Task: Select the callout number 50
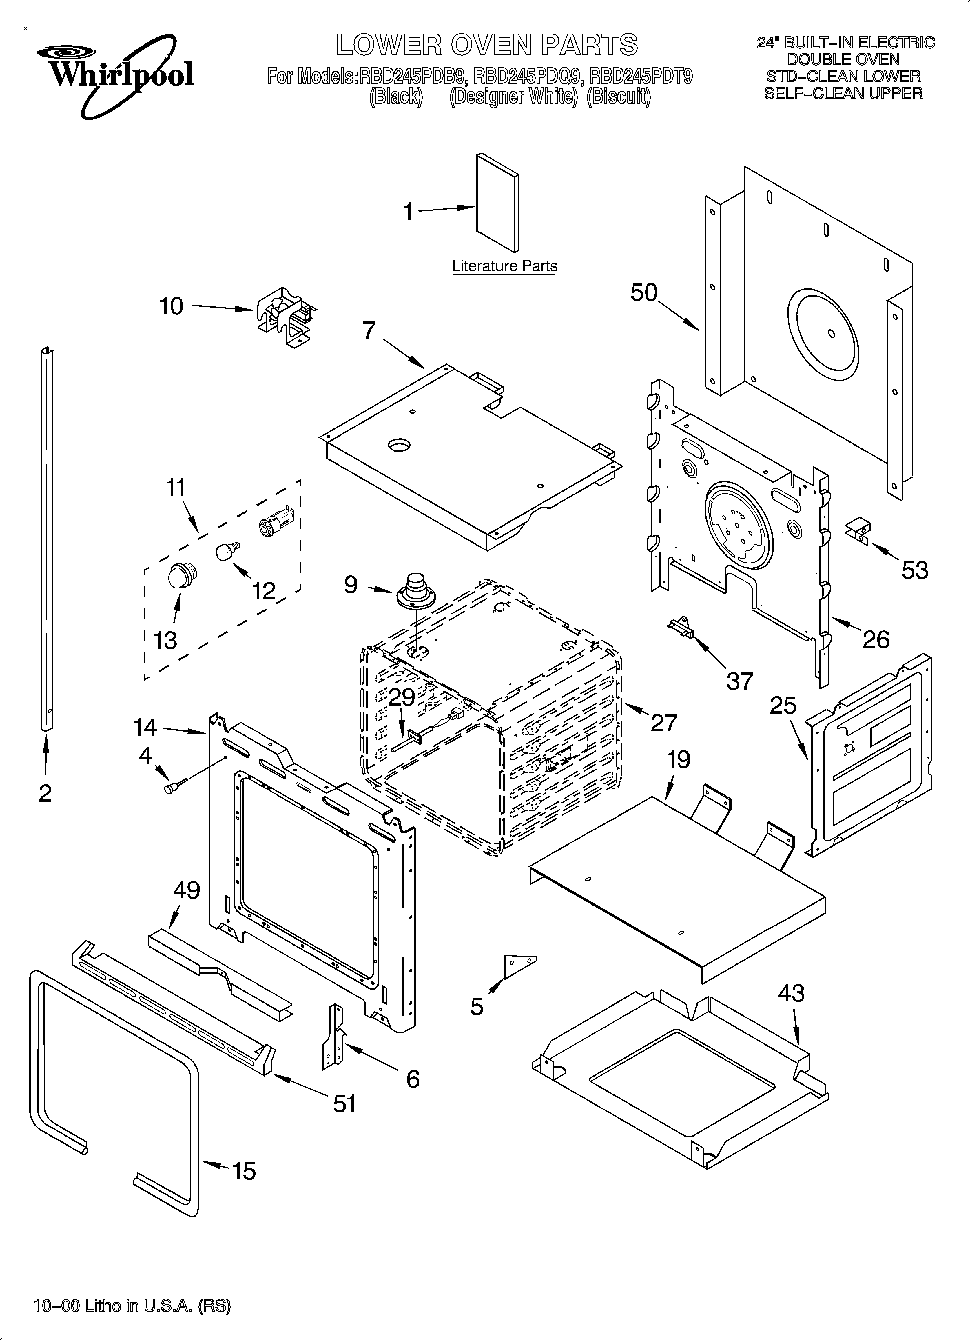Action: click(644, 292)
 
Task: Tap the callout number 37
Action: click(740, 681)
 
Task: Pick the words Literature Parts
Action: click(504, 266)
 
